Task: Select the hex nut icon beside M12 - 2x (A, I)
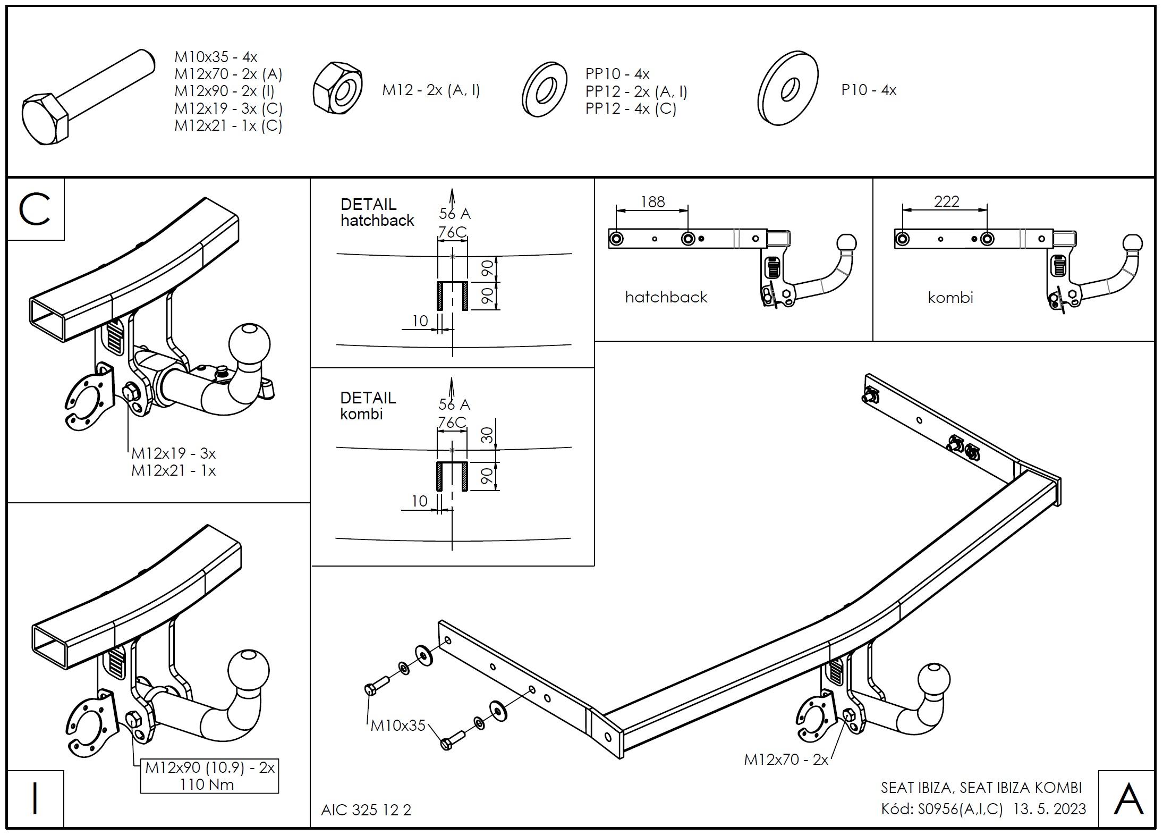coord(337,89)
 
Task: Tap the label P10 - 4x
coord(868,90)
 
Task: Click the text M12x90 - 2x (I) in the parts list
coord(224,91)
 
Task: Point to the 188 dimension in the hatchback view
coord(652,202)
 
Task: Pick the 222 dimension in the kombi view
coord(946,201)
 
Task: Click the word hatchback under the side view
coord(666,297)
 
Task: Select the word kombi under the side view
coord(950,298)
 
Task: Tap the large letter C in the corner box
coord(35,209)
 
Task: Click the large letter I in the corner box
coord(35,798)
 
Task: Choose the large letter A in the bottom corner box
coord(1128,799)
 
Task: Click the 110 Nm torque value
coord(207,785)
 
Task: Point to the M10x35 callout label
coord(398,726)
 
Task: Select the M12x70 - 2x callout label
coord(786,760)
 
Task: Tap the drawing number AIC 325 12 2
coord(366,810)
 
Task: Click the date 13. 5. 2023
coord(1049,809)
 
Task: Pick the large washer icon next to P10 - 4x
coord(788,89)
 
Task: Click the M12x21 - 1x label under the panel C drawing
coord(173,471)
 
